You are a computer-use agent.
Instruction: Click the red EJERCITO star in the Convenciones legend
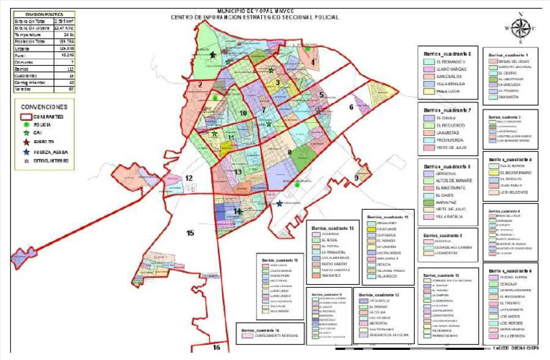point(27,142)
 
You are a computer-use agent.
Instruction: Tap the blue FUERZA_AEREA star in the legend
point(27,152)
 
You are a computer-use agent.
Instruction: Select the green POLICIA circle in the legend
point(27,125)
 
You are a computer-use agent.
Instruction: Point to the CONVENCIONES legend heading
point(44,106)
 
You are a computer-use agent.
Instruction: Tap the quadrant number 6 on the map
point(351,107)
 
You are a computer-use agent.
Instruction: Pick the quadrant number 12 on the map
point(188,178)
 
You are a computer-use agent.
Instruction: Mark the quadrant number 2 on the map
point(202,84)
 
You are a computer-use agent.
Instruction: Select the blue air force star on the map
point(279,203)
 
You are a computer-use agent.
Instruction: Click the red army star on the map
point(213,54)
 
